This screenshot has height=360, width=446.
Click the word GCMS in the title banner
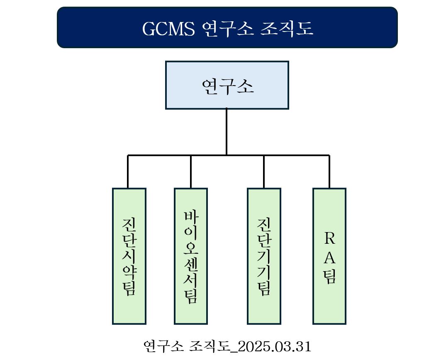(x=168, y=29)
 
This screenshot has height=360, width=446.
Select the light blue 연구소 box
(x=227, y=85)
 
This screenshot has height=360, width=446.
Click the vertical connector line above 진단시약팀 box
(x=128, y=172)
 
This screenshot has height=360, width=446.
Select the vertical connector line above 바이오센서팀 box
(x=191, y=172)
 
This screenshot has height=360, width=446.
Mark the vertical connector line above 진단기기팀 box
(x=264, y=172)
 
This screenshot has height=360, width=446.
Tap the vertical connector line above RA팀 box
(x=329, y=172)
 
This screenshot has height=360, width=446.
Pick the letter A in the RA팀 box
(x=329, y=258)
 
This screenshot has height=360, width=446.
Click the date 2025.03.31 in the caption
(x=275, y=346)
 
